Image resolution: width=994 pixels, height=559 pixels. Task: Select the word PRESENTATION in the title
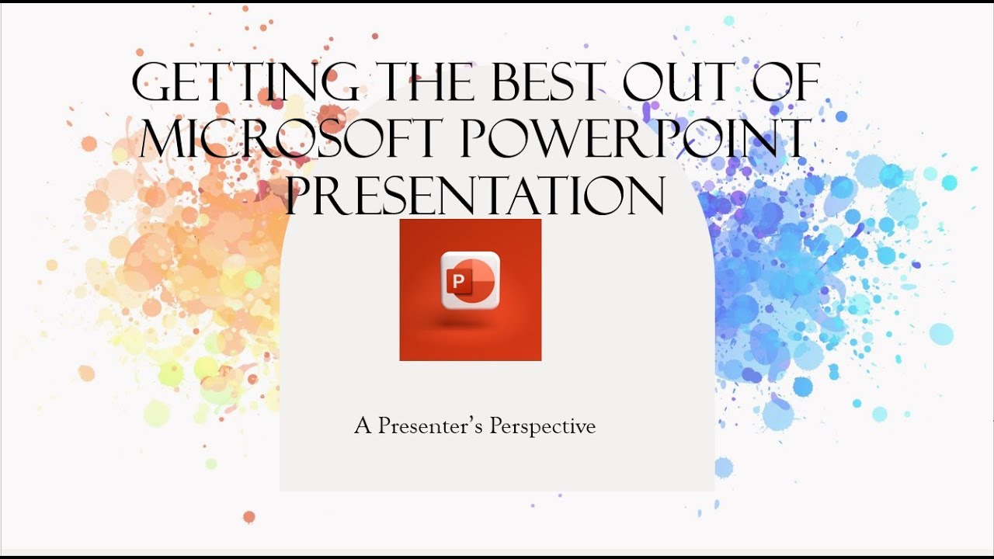pyautogui.click(x=474, y=195)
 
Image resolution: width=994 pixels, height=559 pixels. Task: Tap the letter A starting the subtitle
pyautogui.click(x=363, y=426)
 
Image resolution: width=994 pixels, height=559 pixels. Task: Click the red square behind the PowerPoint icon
pyautogui.click(x=419, y=342)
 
